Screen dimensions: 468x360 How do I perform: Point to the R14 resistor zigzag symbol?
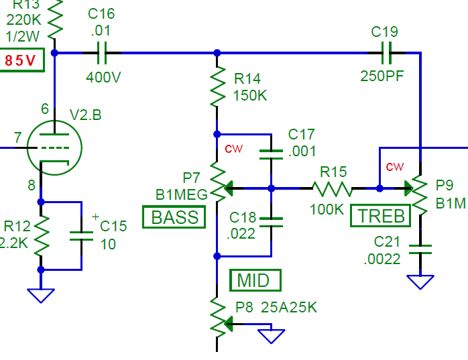(218, 86)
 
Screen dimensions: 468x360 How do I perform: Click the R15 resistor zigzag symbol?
(332, 188)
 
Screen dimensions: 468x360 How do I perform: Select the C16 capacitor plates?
(102, 53)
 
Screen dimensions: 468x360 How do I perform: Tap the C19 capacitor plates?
(386, 53)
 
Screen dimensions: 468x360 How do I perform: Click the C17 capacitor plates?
(271, 154)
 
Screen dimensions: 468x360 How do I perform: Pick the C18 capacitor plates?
(271, 223)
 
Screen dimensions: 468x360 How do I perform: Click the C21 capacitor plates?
(420, 249)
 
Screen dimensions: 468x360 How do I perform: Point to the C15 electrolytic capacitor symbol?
(81, 236)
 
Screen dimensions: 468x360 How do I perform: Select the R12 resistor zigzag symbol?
(41, 236)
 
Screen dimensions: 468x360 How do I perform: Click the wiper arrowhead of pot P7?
(229, 188)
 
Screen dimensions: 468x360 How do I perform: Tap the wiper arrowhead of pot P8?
(229, 324)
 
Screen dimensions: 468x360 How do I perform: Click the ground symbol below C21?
(420, 282)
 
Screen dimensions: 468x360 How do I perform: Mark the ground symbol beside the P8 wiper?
(271, 337)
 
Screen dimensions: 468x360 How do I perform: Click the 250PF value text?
(382, 76)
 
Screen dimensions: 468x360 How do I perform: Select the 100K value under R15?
(327, 210)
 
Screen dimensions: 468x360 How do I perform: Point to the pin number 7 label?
(17, 137)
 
